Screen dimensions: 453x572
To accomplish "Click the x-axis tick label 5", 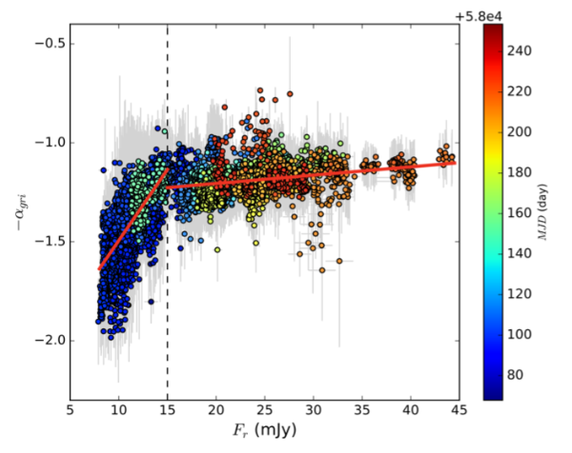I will [70, 413].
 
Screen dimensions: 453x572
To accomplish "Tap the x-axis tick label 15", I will [168, 413].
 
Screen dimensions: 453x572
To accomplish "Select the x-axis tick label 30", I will [314, 413].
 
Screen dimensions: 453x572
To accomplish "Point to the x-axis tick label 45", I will [459, 413].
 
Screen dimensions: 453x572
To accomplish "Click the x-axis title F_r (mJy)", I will [262, 435].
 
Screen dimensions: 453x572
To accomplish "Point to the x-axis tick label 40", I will [411, 413].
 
